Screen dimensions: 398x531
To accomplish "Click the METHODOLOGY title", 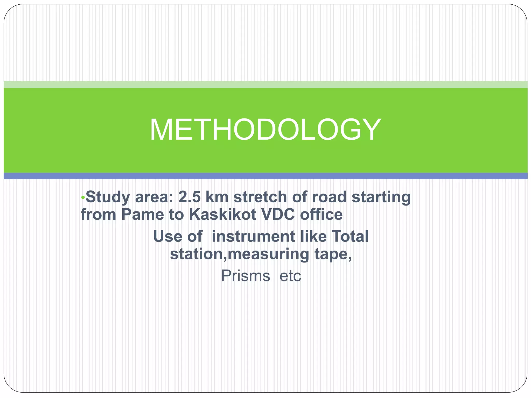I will (265, 130).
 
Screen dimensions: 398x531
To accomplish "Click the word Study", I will (108, 197).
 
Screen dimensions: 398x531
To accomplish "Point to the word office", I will (322, 215).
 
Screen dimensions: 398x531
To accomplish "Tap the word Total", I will (350, 237).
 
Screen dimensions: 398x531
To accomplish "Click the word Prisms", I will (245, 276).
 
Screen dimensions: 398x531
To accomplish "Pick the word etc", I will (290, 276).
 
